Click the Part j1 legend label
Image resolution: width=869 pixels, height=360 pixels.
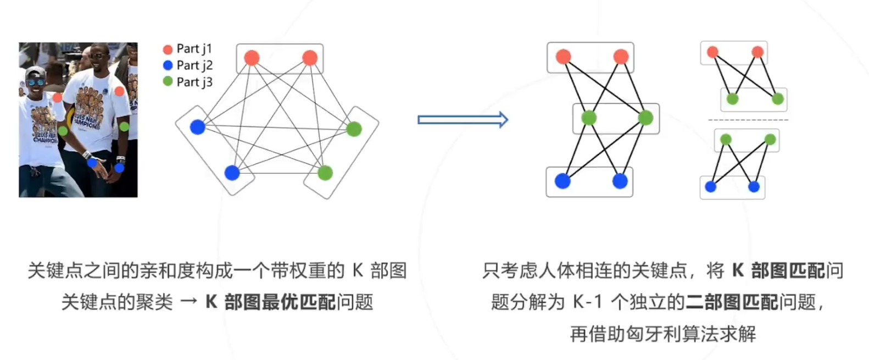click(x=194, y=49)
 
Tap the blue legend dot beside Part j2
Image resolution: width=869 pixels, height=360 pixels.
click(x=168, y=65)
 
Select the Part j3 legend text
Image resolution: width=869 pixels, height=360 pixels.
click(x=194, y=82)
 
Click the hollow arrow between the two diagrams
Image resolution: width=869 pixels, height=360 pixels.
click(x=463, y=120)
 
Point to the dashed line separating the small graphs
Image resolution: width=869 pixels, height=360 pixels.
click(x=748, y=120)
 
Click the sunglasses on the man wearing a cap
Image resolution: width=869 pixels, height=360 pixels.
click(x=36, y=82)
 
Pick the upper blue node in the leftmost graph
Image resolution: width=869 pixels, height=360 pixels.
click(x=197, y=127)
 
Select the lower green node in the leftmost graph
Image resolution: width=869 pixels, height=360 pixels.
click(x=325, y=173)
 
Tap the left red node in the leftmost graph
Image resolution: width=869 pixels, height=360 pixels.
click(x=252, y=58)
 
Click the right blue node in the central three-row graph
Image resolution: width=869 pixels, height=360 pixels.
click(x=620, y=181)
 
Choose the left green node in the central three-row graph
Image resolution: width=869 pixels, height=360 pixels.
click(x=589, y=118)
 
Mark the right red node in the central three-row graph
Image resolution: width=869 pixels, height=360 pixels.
click(x=621, y=57)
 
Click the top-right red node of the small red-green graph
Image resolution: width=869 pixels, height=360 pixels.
click(x=757, y=52)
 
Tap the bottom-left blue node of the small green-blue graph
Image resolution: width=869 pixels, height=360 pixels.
click(x=710, y=187)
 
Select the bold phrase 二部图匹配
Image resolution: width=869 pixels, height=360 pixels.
click(x=732, y=302)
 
